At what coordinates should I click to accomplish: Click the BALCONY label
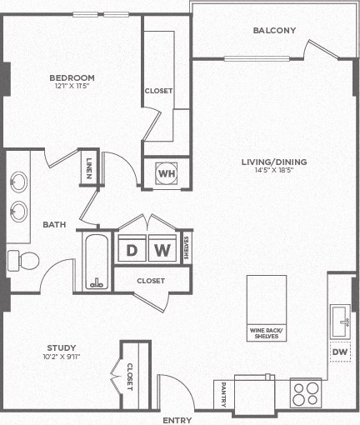[274, 31]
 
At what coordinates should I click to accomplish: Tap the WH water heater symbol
[167, 174]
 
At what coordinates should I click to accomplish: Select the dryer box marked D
[132, 249]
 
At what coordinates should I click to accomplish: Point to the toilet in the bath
[23, 260]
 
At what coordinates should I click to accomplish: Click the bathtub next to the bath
[97, 262]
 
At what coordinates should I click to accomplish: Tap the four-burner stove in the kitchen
[306, 392]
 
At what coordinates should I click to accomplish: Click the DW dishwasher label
[339, 352]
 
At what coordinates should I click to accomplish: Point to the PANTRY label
[223, 392]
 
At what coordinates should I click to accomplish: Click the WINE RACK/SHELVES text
[266, 333]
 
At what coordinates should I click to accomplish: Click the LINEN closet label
[88, 167]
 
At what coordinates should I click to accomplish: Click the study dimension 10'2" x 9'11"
[62, 357]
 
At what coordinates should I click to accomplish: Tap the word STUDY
[62, 347]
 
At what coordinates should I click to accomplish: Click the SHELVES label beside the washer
[187, 249]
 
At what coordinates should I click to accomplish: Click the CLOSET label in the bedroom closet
[158, 91]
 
